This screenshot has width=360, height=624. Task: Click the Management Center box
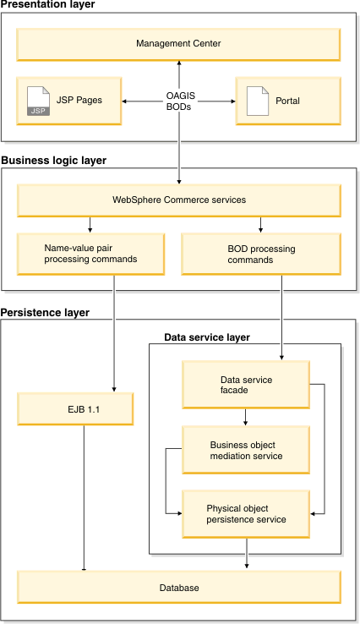(x=178, y=45)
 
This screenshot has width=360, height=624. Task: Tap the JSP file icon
(x=38, y=101)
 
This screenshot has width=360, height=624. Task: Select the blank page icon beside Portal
(x=258, y=101)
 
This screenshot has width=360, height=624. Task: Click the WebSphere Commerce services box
(x=178, y=200)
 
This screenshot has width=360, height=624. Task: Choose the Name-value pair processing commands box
(x=90, y=255)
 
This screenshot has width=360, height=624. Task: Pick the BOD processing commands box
(x=261, y=255)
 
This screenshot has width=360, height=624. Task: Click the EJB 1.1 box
(x=75, y=409)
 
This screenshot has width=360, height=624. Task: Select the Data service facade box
(x=246, y=385)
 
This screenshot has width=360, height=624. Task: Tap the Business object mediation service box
(x=246, y=450)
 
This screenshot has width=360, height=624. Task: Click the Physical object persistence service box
(x=246, y=515)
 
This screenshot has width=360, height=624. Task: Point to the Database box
(x=179, y=588)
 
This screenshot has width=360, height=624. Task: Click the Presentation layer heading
(x=47, y=4)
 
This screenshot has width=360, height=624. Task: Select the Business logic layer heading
(x=54, y=161)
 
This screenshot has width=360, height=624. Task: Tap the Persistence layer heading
(x=45, y=313)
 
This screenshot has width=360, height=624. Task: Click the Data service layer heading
(x=207, y=337)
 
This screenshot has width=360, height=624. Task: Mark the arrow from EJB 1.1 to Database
(x=84, y=498)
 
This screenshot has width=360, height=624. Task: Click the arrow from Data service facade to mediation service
(x=245, y=417)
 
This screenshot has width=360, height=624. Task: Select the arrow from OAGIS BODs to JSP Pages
(x=144, y=101)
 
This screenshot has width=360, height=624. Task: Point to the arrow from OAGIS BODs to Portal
(x=216, y=101)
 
